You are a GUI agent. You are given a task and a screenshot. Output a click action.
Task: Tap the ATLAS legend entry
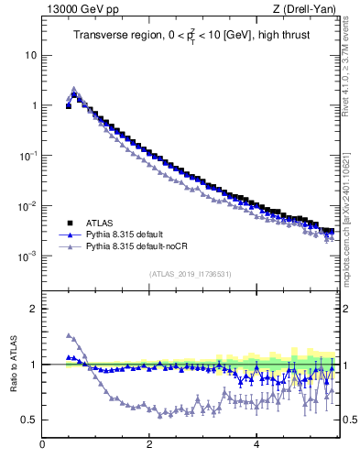pyautogui.click(x=100, y=223)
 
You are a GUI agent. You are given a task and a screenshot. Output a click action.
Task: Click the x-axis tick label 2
pyautogui.click(x=148, y=445)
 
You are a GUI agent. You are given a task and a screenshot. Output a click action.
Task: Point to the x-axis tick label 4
pyautogui.click(x=256, y=445)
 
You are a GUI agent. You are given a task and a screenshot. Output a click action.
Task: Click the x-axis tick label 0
pyautogui.click(x=42, y=445)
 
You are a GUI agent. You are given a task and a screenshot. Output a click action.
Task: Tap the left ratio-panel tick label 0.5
pyautogui.click(x=28, y=420)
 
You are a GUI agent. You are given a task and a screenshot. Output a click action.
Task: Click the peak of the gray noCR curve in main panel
pyautogui.click(x=74, y=89)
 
